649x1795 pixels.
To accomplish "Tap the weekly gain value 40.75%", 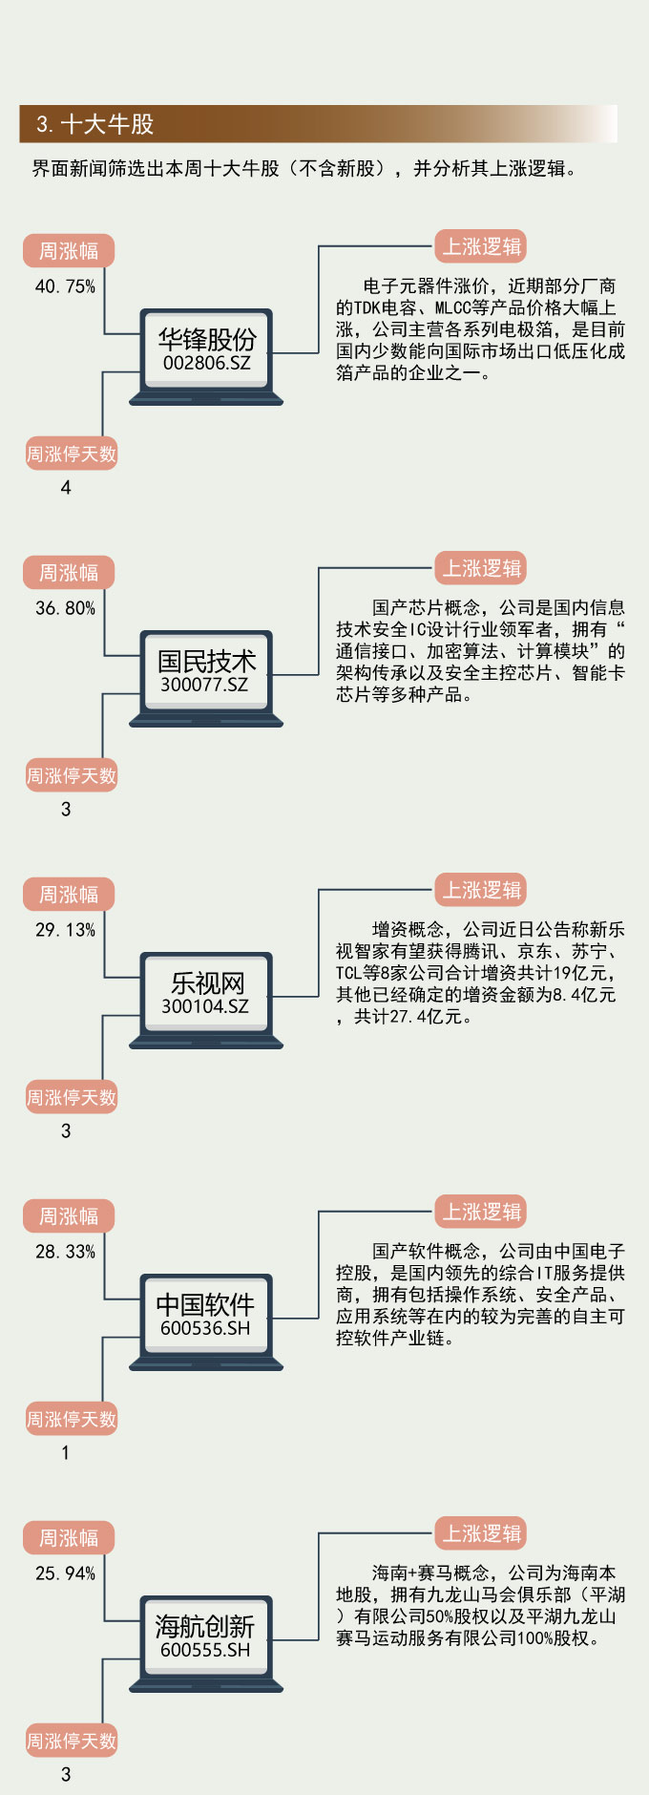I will click(x=65, y=286).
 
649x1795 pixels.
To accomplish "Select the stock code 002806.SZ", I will click(x=206, y=363).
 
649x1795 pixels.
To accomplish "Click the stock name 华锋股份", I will click(x=206, y=339).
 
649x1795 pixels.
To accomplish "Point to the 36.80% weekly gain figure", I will click(x=65, y=608).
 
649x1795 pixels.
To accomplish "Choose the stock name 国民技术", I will click(x=206, y=661).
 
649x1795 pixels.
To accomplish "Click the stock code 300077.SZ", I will click(x=204, y=685).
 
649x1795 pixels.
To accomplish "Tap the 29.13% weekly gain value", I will click(x=65, y=930).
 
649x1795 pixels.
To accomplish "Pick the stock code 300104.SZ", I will click(x=205, y=1006).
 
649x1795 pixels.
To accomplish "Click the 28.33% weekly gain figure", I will click(x=65, y=1252).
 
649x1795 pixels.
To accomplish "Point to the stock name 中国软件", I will click(x=205, y=1304).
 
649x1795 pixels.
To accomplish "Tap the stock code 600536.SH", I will click(x=205, y=1328).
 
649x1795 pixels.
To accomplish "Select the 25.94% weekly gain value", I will click(x=65, y=1573).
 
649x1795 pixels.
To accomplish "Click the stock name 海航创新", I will click(x=205, y=1626).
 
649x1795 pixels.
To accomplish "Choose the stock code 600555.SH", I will click(x=205, y=1650).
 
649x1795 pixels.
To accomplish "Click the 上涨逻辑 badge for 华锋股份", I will click(x=482, y=246).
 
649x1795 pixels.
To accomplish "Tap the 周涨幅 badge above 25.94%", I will click(x=69, y=1538).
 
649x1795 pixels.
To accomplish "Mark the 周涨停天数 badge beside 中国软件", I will click(x=72, y=1420).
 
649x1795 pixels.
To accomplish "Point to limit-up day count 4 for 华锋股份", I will click(x=66, y=488).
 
